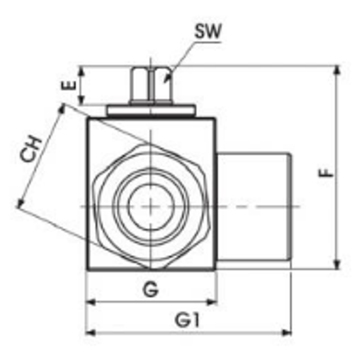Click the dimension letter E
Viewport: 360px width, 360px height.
point(71,85)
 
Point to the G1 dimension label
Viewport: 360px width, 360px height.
point(187,320)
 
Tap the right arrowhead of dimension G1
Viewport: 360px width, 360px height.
point(287,332)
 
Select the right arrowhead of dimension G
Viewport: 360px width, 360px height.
point(212,302)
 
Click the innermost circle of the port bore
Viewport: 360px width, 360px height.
point(151,206)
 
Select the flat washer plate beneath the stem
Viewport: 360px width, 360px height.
point(151,110)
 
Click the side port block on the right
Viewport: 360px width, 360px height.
point(254,206)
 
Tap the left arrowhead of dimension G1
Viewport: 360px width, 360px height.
point(90,332)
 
